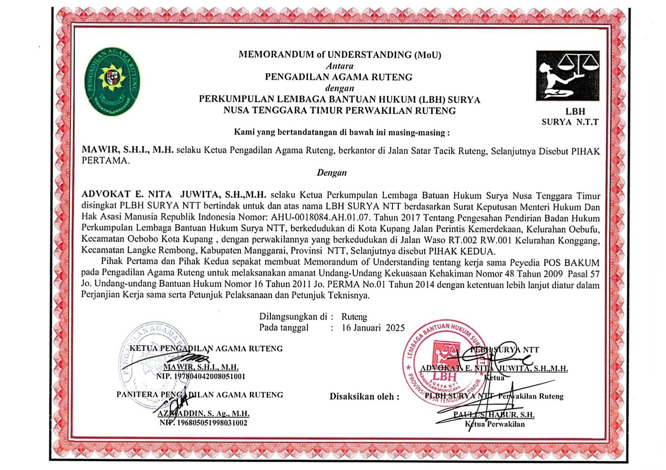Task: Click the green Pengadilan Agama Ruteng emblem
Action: pyautogui.click(x=112, y=81)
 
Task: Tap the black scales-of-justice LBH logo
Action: pyautogui.click(x=568, y=76)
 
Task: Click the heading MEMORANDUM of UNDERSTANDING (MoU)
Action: pyautogui.click(x=340, y=54)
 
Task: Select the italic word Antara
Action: pyautogui.click(x=340, y=66)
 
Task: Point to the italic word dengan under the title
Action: pyautogui.click(x=340, y=88)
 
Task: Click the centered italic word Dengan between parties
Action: pyautogui.click(x=332, y=173)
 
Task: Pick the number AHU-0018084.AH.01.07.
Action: pyautogui.click(x=323, y=217)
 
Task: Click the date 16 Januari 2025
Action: pyautogui.click(x=373, y=328)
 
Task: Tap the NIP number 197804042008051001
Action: pyautogui.click(x=201, y=376)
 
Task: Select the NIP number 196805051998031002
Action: pyautogui.click(x=203, y=423)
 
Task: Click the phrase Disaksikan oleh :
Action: pyautogui.click(x=364, y=396)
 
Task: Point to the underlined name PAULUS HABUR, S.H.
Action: pyautogui.click(x=494, y=415)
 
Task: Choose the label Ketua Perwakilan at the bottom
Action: pyautogui.click(x=495, y=424)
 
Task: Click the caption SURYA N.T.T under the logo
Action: pyautogui.click(x=570, y=122)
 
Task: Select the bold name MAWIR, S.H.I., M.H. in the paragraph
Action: pyautogui.click(x=127, y=150)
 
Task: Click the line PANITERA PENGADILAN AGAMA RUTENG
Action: pyautogui.click(x=200, y=395)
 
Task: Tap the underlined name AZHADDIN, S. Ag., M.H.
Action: pyautogui.click(x=204, y=413)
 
